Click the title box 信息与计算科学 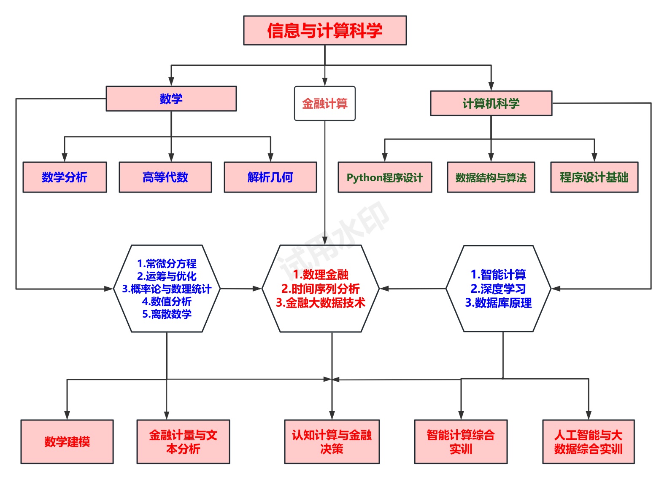[325, 30]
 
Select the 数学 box [171, 99]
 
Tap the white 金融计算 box [324, 104]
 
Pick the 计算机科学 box [491, 103]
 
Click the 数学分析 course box [65, 177]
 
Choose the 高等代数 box [165, 177]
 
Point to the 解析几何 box [270, 177]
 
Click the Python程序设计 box [385, 177]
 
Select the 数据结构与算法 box [491, 177]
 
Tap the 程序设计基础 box [594, 177]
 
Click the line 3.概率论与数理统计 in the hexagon [167, 289]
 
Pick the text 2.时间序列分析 [320, 289]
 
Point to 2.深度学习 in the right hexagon [498, 289]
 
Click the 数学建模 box [67, 442]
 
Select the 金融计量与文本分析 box [183, 442]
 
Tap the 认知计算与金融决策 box [332, 442]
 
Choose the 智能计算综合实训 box [461, 442]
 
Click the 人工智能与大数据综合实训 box [588, 442]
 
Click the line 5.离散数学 [167, 314]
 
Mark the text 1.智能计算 [498, 275]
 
